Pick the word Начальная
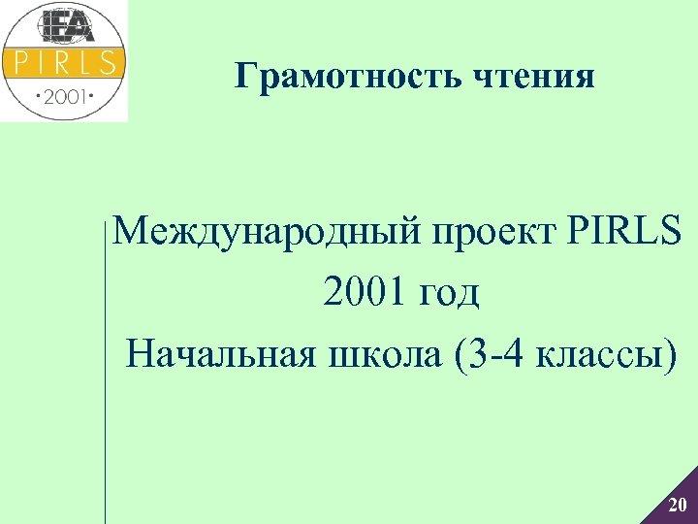221,352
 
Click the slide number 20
678,505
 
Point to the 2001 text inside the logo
64,97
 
